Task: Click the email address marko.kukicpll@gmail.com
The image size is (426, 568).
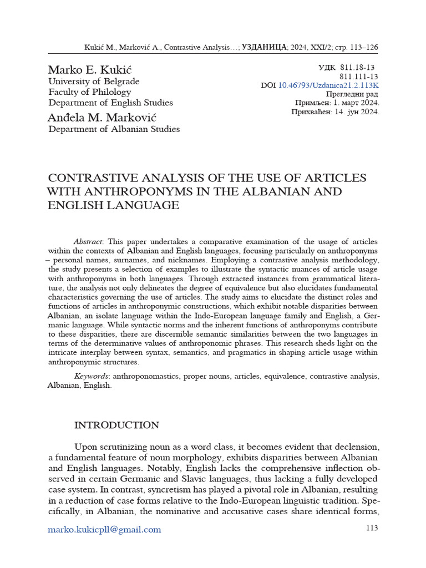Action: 105,529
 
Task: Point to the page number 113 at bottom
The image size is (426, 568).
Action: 372,528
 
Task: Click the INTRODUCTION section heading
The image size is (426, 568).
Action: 116,425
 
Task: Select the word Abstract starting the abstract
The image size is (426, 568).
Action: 89,242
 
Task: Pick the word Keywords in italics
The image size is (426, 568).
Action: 92,376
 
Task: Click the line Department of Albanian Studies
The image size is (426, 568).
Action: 114,129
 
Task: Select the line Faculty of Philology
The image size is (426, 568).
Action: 90,92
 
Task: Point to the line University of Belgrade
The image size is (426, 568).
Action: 94,82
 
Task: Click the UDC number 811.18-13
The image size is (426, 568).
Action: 358,68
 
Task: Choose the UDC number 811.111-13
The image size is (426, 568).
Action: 358,77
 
